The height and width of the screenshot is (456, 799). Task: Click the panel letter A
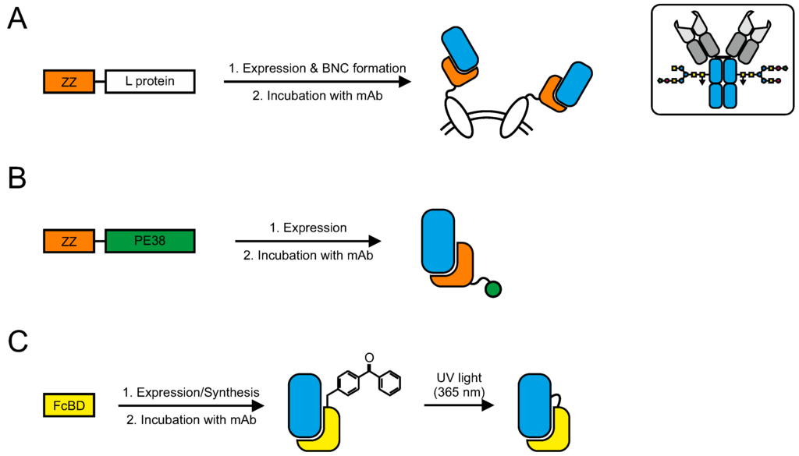(x=17, y=18)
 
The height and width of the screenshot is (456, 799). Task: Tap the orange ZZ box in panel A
(x=69, y=81)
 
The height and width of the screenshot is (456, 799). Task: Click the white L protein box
(x=150, y=81)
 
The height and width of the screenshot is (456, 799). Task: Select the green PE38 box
(x=150, y=242)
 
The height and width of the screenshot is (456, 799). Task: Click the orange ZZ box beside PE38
(x=69, y=242)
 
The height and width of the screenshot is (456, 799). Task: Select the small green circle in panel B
(x=492, y=290)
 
